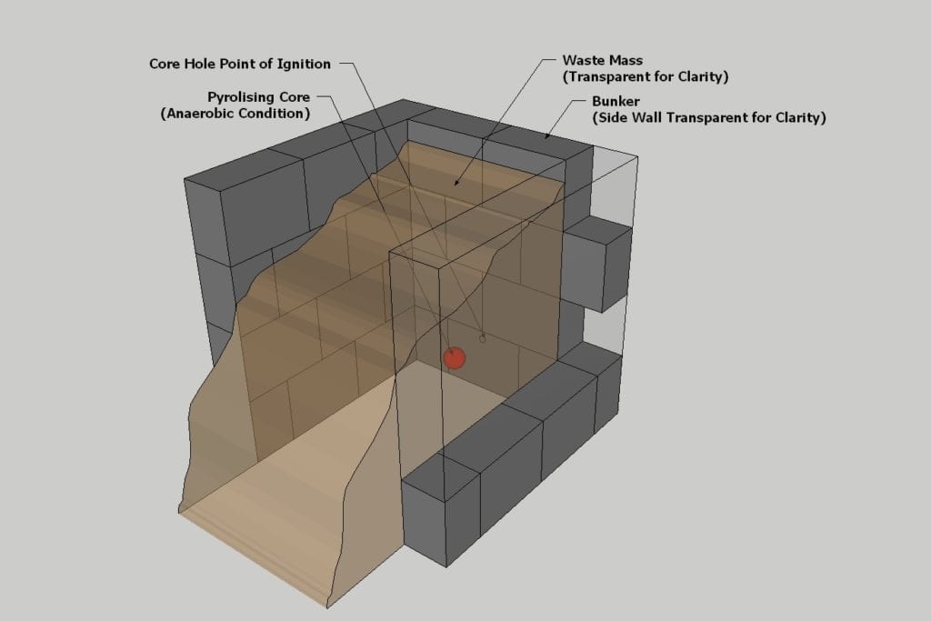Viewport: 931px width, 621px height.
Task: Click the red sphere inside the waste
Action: click(x=455, y=357)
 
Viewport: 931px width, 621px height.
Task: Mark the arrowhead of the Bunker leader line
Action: click(x=546, y=136)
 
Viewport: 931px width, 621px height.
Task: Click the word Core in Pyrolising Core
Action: click(x=293, y=97)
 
